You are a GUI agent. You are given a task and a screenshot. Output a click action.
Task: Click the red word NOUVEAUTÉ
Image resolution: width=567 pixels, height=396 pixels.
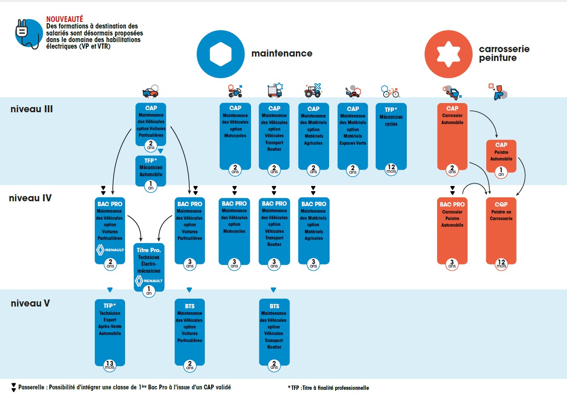65,19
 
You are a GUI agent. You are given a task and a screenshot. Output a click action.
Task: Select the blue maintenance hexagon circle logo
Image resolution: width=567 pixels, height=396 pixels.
220,54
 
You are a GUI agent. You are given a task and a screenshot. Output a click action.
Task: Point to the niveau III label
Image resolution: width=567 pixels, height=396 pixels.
32,109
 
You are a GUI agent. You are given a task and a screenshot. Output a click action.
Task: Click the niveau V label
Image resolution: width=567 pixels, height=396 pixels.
30,303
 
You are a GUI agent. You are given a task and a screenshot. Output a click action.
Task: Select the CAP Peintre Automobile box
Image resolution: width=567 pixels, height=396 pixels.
501,156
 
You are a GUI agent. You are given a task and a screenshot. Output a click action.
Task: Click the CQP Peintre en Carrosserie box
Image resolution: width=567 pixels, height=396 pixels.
501,231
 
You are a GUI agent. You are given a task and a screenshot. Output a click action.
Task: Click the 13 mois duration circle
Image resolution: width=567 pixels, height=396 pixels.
110,364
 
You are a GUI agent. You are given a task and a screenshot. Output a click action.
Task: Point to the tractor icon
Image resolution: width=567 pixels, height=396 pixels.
313,90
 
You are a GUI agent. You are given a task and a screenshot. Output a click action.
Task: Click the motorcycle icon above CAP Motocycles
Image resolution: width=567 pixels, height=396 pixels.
235,91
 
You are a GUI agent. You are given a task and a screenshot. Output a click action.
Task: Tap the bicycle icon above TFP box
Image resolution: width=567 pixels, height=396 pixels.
391,91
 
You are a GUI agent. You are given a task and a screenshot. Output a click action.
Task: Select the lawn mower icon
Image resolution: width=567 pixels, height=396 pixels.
352,92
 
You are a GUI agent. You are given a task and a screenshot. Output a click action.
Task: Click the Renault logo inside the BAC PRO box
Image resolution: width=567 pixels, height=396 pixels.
110,250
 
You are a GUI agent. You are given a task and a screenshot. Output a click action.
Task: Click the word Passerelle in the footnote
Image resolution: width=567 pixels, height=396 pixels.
32,387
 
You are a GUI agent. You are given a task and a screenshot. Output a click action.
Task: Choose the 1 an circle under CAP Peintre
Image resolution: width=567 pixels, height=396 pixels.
501,172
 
